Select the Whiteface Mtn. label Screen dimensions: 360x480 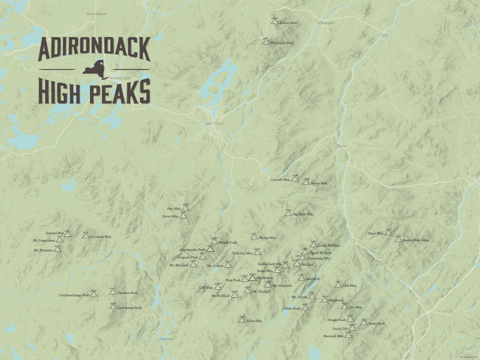282,43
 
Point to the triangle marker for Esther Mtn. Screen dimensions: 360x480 275,21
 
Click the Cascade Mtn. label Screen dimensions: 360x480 280,179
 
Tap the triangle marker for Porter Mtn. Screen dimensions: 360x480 305,181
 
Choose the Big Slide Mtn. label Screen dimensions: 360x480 303,214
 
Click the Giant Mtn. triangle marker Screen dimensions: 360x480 388,232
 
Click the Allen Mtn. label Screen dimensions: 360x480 255,321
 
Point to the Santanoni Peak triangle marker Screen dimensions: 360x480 112,305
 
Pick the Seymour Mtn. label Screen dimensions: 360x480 101,236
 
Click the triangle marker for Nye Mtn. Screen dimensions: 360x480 185,207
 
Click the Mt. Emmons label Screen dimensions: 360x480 43,250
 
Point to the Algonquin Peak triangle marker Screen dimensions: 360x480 210,248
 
